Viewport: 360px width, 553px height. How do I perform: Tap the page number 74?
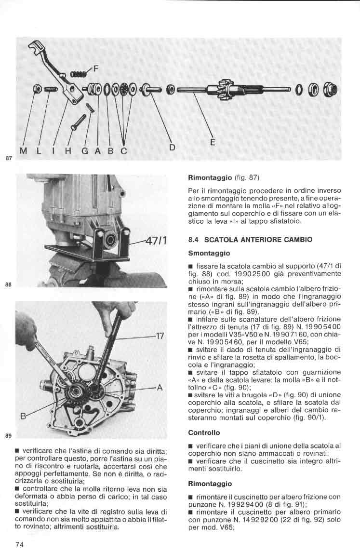click(20, 544)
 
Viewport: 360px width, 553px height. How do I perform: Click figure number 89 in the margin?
click(8, 436)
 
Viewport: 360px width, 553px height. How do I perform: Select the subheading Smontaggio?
click(209, 253)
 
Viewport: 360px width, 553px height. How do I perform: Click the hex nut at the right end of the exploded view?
click(333, 89)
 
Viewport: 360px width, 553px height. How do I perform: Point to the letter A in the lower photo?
click(160, 388)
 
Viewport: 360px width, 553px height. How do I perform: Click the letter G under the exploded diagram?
click(84, 151)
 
